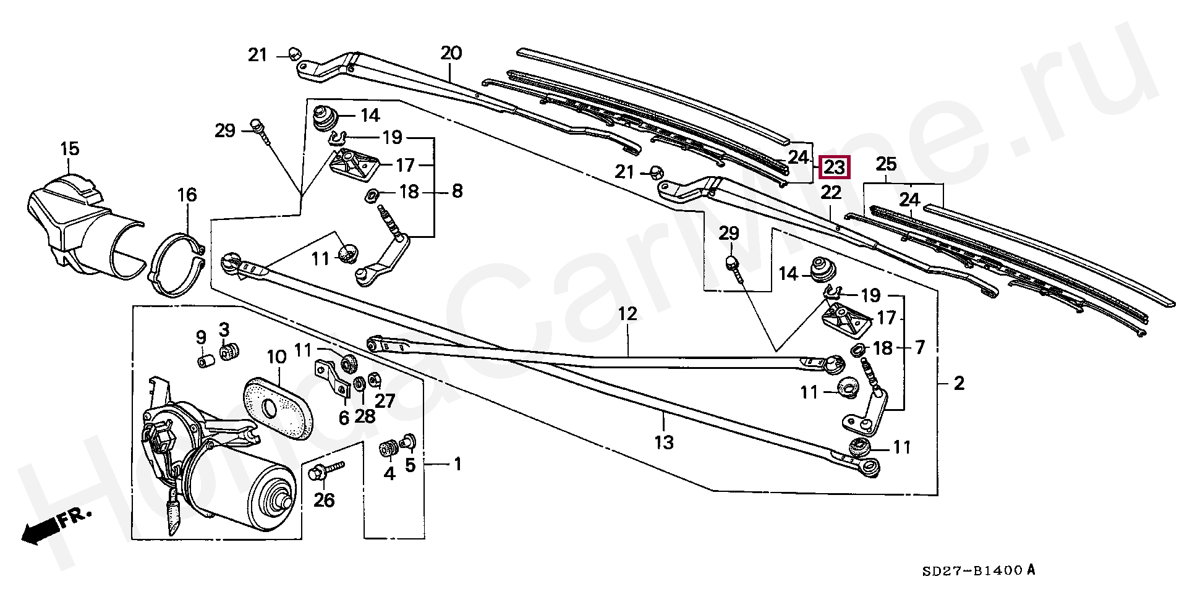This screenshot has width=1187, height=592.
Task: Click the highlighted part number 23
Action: coord(835,167)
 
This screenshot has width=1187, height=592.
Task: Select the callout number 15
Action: coord(70,149)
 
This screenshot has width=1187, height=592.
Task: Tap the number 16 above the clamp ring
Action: coord(187,195)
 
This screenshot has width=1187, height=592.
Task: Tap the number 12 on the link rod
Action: coord(627,314)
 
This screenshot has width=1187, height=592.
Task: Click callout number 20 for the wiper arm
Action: coord(451,53)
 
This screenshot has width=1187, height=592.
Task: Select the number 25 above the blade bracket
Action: coord(886,165)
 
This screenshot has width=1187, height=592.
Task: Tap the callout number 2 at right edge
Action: coord(959,384)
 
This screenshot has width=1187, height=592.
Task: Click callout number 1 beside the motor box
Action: coord(458,463)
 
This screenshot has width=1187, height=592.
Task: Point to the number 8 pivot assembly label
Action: coord(457,191)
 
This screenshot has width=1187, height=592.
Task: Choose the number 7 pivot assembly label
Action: coord(919,348)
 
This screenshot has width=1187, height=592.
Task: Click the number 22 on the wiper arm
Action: coord(831,193)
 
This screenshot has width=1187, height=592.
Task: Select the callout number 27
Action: coord(385,401)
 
